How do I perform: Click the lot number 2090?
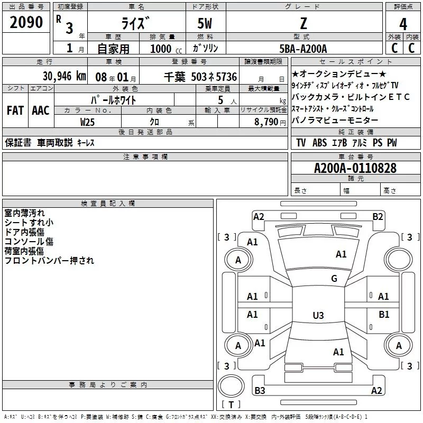(x=26, y=23)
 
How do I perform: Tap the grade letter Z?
(x=304, y=24)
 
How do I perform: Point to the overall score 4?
(x=403, y=24)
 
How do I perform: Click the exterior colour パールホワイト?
(x=114, y=100)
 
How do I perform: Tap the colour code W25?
(x=88, y=122)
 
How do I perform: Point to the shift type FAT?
(x=15, y=111)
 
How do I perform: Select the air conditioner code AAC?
(x=40, y=111)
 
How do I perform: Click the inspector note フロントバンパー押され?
(x=49, y=260)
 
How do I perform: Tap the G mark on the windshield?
(x=334, y=279)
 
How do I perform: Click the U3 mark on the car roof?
(x=318, y=316)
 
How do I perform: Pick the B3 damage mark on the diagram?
(x=260, y=391)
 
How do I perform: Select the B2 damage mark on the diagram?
(x=378, y=216)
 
